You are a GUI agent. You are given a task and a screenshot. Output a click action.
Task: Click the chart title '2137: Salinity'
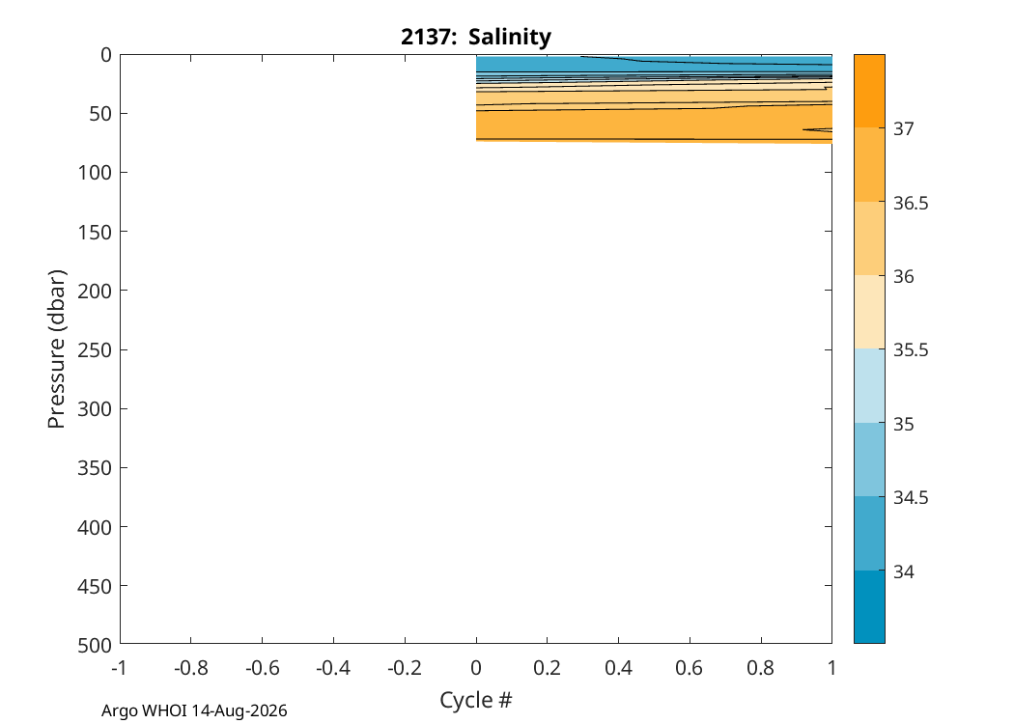pyautogui.click(x=476, y=37)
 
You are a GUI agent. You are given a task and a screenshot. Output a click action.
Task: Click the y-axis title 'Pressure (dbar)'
pyautogui.click(x=57, y=349)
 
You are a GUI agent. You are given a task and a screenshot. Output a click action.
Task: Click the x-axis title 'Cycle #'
pyautogui.click(x=476, y=700)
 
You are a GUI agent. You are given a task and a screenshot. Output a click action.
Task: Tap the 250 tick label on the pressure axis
pyautogui.click(x=95, y=349)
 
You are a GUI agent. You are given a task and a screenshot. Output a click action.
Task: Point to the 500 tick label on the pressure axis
pyautogui.click(x=95, y=645)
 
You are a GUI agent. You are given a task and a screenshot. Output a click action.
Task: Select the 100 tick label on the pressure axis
pyautogui.click(x=95, y=173)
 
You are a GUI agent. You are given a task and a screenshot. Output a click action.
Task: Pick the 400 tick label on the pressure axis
pyautogui.click(x=95, y=527)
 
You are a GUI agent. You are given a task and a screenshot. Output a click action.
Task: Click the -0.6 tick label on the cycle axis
pyautogui.click(x=262, y=668)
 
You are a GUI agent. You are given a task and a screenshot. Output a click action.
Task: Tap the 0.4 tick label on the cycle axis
pyautogui.click(x=618, y=668)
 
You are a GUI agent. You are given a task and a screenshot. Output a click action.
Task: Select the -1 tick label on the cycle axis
pyautogui.click(x=119, y=668)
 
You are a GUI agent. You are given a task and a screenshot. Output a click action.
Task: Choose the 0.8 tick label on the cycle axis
pyautogui.click(x=761, y=668)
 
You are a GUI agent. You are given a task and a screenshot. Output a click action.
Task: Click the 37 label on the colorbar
pyautogui.click(x=903, y=128)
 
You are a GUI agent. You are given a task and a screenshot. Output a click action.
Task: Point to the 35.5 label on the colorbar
pyautogui.click(x=911, y=349)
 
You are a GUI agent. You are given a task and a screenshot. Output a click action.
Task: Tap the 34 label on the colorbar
pyautogui.click(x=903, y=571)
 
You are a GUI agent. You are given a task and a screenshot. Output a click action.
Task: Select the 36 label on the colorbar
pyautogui.click(x=903, y=276)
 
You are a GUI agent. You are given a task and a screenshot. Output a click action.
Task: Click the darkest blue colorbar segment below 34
pyautogui.click(x=869, y=606)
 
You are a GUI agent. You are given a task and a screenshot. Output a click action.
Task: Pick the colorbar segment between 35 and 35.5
pyautogui.click(x=869, y=386)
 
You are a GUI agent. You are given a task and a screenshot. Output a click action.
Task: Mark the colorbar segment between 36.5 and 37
pyautogui.click(x=869, y=164)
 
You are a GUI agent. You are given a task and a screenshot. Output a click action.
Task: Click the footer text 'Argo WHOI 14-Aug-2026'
pyautogui.click(x=194, y=711)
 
